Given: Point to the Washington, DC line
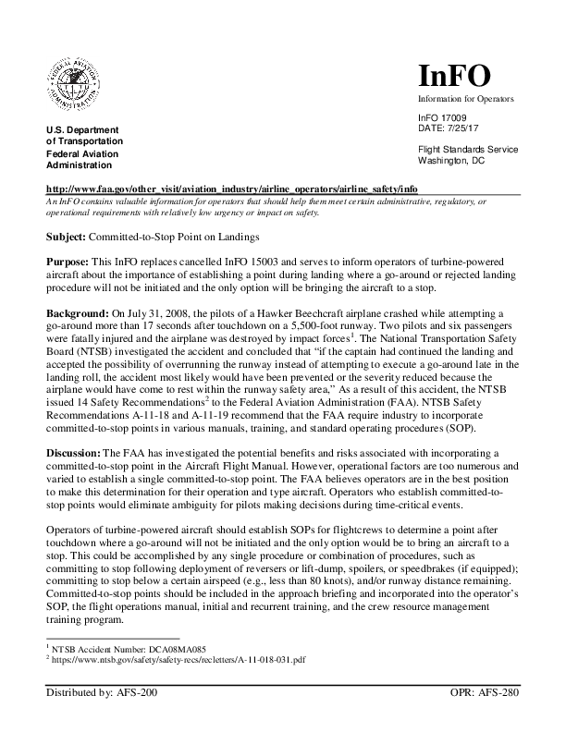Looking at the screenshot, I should pos(451,160).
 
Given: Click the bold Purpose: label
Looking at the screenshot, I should pos(69,263).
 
